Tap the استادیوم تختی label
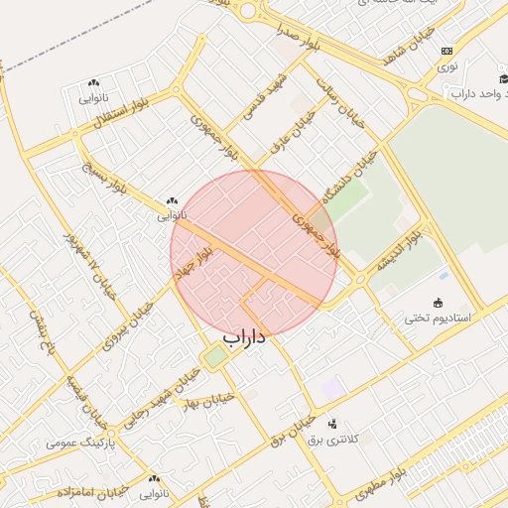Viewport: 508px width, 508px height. point(440,318)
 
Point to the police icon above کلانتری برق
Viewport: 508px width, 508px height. point(331,424)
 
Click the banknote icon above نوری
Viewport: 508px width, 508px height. point(447,51)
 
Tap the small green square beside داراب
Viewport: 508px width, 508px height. point(215,357)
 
